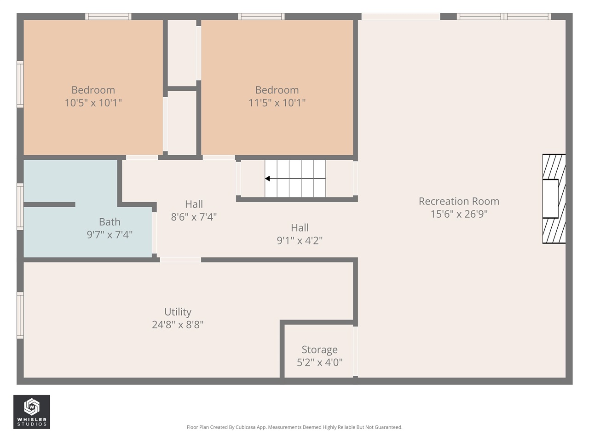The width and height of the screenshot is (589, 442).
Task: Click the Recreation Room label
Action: (459, 201)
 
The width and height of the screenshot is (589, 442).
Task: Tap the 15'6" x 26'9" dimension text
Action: (459, 214)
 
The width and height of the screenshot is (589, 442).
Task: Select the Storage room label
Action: (319, 349)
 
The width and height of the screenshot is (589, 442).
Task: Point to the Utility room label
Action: (178, 312)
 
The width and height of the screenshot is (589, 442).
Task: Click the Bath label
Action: (110, 222)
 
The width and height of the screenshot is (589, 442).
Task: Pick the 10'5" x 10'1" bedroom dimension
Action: (93, 103)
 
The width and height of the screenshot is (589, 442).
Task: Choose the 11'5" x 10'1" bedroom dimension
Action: (277, 103)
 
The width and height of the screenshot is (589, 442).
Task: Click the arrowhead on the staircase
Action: (267, 179)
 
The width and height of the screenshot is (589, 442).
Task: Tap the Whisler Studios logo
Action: (32, 412)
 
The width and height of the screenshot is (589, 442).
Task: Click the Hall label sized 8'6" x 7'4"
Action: (194, 204)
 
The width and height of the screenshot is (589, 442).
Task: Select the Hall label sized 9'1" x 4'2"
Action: (300, 227)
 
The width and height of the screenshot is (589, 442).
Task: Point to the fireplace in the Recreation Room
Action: (554, 198)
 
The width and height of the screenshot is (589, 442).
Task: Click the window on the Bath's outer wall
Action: (20, 206)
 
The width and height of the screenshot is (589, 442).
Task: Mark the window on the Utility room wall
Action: (20, 315)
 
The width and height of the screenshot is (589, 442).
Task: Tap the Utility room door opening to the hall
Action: (180, 260)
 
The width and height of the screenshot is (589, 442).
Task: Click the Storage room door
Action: (355, 351)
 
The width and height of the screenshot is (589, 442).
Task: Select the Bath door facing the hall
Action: (155, 233)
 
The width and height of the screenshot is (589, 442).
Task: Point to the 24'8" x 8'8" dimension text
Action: (178, 325)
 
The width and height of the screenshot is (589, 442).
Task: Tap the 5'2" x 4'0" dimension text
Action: (319, 362)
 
